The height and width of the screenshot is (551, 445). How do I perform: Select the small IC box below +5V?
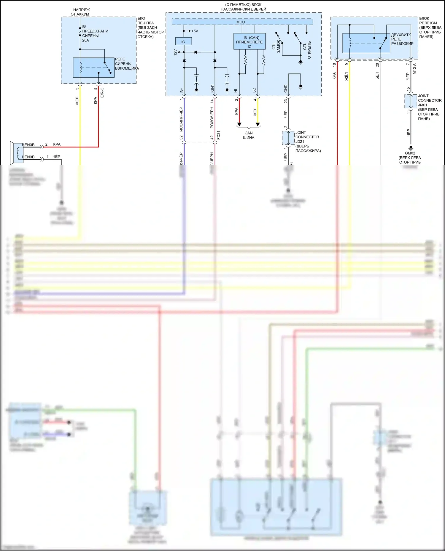click(183, 41)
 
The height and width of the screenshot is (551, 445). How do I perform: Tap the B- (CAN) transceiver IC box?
click(249, 42)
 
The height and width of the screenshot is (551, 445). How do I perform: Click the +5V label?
click(195, 31)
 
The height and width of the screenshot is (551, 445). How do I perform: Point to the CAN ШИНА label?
click(249, 135)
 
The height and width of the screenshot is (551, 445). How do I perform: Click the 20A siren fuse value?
click(85, 40)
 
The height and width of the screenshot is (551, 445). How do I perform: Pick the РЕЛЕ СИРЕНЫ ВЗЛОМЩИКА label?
click(127, 64)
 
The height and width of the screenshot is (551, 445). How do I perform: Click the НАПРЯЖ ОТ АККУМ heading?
click(80, 12)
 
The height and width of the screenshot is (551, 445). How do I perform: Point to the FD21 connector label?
click(219, 135)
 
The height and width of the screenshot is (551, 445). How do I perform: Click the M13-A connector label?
click(414, 69)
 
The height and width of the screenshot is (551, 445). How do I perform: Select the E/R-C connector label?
click(102, 93)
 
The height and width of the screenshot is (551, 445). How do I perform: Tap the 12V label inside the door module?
click(175, 52)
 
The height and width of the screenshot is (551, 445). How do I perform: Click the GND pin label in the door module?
click(286, 88)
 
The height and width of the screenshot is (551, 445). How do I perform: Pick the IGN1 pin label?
click(212, 89)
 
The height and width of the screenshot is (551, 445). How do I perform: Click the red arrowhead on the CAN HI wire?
click(239, 124)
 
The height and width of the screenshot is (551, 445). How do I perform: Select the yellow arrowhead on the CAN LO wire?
click(258, 124)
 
